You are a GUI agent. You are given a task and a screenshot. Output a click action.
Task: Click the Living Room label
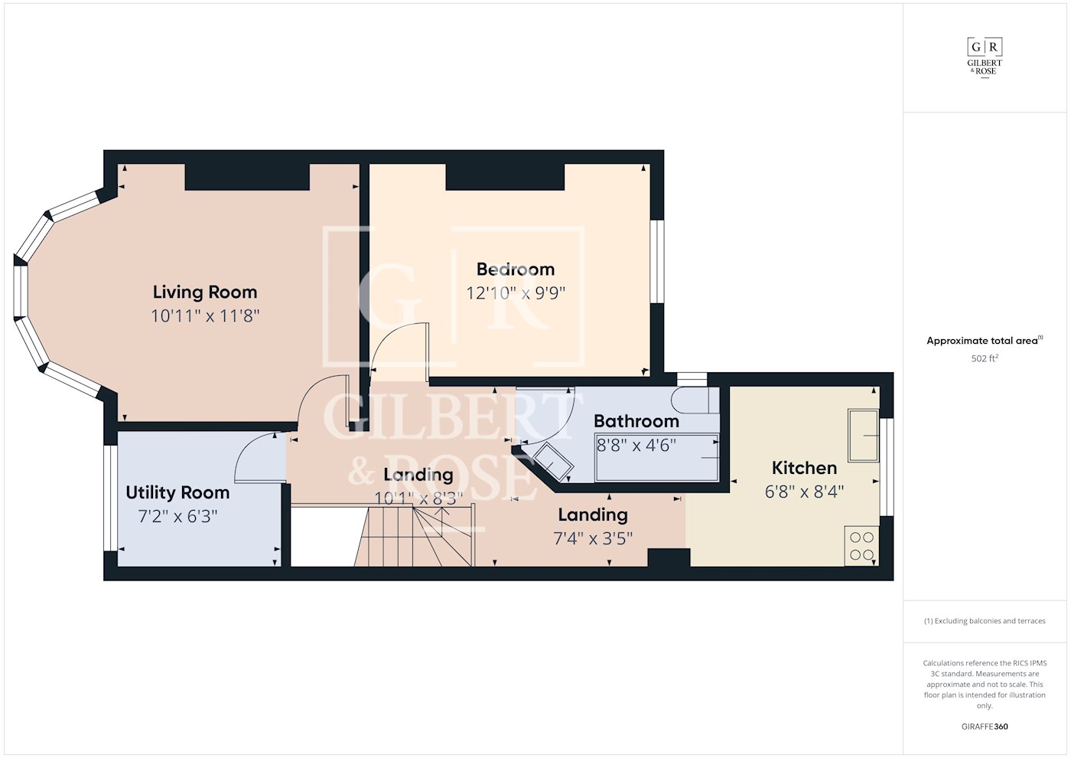click(x=204, y=292)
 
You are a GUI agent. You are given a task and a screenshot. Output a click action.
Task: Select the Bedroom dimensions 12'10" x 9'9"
click(x=516, y=293)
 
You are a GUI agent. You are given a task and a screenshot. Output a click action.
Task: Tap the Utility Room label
click(x=177, y=492)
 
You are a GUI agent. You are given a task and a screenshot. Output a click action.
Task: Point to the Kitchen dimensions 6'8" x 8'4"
click(x=804, y=492)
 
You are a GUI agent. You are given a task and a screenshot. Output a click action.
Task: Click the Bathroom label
click(x=636, y=421)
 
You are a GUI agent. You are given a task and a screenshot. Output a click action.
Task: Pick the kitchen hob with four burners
click(x=861, y=546)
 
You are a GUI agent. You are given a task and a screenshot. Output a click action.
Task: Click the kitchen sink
click(x=863, y=436)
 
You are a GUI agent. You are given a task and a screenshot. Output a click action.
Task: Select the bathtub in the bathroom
click(x=657, y=458)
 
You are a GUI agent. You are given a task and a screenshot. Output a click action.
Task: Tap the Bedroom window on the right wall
click(x=656, y=261)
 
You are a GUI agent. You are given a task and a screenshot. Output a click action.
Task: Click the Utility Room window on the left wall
click(x=110, y=498)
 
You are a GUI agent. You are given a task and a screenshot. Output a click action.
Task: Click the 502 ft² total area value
click(x=985, y=358)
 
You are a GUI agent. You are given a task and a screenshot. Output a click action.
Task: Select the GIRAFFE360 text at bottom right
click(x=985, y=727)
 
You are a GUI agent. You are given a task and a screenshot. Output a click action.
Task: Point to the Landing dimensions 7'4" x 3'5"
click(x=593, y=538)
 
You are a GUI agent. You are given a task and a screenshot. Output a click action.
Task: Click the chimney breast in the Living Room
click(x=247, y=177)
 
